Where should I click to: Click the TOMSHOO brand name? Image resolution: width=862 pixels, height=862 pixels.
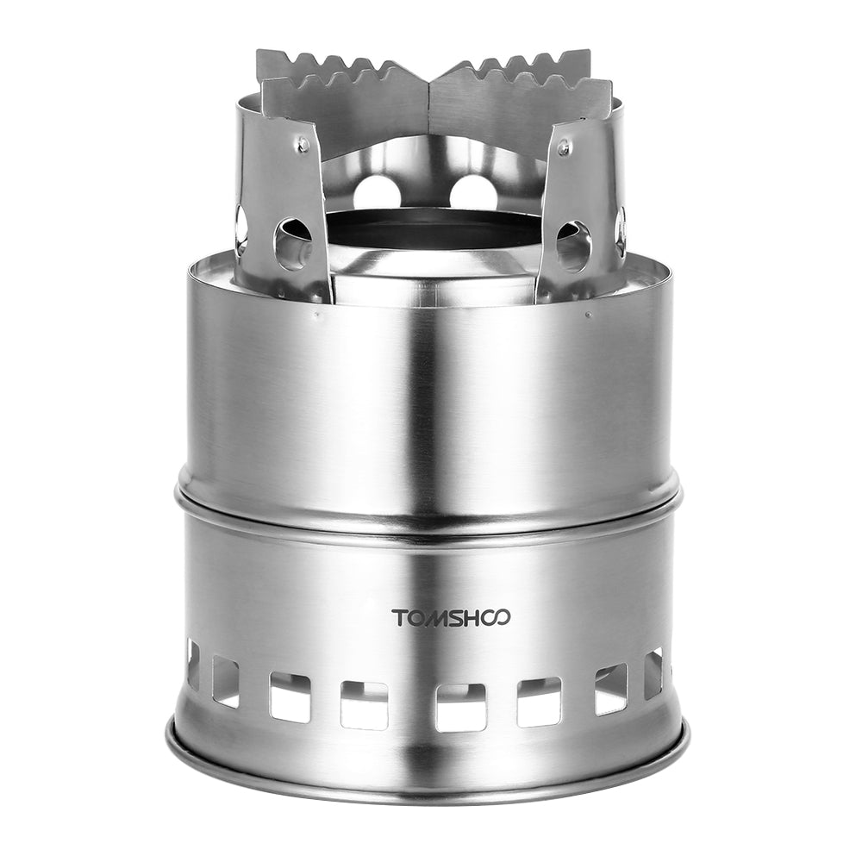451,617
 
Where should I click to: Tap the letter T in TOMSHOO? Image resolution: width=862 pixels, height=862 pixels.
399,617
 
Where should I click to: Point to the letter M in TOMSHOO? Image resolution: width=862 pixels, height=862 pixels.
436,617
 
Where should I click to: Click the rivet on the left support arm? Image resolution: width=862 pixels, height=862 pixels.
303,147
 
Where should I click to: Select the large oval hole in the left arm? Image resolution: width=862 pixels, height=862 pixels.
293,241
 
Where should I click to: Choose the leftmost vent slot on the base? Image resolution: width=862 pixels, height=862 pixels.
193,664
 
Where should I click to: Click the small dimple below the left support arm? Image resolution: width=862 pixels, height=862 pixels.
316,316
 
